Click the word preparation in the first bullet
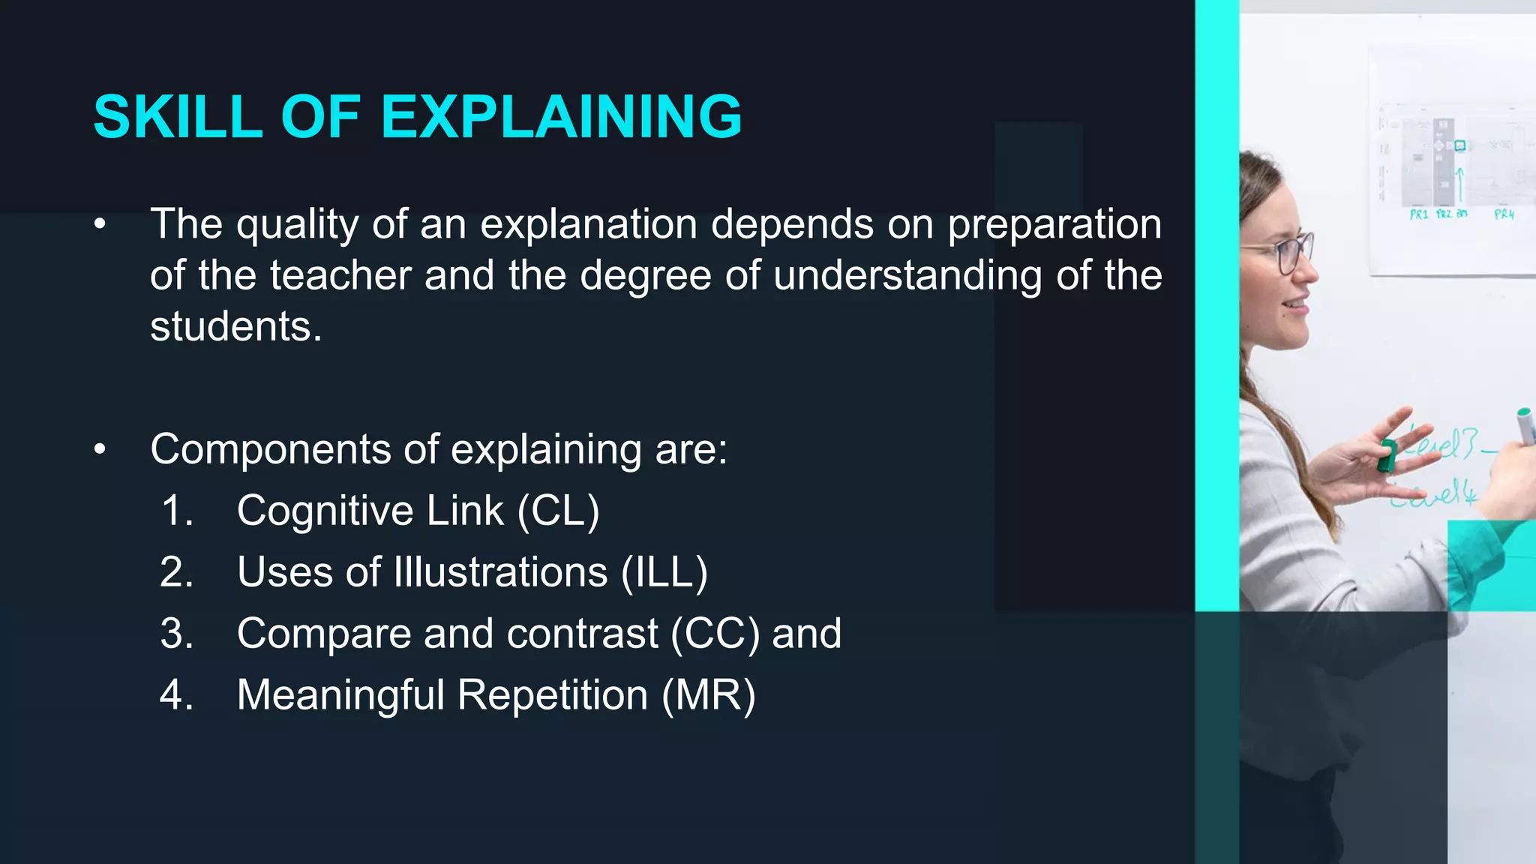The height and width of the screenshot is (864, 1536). (1054, 224)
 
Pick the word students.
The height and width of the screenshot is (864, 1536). (235, 326)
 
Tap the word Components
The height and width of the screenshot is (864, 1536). (270, 449)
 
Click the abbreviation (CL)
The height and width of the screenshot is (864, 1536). (559, 511)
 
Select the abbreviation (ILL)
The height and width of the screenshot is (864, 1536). (664, 572)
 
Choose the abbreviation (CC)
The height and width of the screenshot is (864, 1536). (715, 634)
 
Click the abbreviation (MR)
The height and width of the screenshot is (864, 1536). (708, 695)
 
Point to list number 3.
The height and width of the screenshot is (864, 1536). (176, 634)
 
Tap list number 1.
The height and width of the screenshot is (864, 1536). (178, 511)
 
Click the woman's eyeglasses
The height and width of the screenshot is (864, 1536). (1288, 253)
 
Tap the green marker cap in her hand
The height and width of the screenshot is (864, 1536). (1387, 455)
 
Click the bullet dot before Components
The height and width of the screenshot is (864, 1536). (100, 449)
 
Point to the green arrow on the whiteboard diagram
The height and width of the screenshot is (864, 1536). (1459, 184)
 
